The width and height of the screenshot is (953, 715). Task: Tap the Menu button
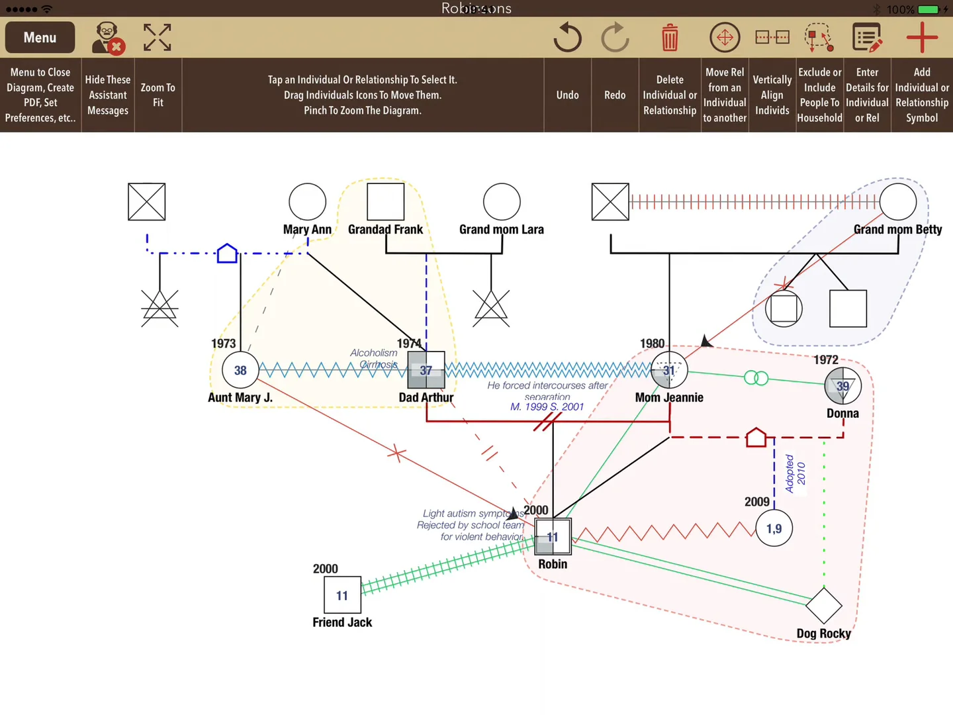tap(40, 38)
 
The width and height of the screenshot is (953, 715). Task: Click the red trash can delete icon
tap(670, 38)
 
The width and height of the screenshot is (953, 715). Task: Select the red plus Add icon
tap(921, 38)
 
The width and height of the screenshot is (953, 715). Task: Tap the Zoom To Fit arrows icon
tap(158, 38)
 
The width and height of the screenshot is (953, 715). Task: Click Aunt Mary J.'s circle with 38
tap(240, 371)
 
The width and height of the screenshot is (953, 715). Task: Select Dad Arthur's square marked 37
tap(426, 370)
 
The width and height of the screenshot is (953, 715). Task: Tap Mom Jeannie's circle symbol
tap(669, 370)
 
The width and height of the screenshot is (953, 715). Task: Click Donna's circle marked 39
tap(842, 386)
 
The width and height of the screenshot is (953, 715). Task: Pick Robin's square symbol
tap(553, 537)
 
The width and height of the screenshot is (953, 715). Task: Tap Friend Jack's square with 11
tap(342, 595)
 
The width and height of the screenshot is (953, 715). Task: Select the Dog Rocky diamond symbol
tap(824, 606)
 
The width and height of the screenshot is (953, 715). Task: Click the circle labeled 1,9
tap(774, 528)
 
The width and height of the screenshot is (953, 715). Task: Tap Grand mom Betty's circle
tap(898, 202)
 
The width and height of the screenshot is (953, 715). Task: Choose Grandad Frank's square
tap(386, 202)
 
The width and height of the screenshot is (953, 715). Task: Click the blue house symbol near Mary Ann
tap(227, 253)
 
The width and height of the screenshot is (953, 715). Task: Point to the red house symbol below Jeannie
tap(756, 438)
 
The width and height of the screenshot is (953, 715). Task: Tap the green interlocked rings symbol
tap(756, 378)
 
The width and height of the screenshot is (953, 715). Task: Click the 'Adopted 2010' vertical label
tap(795, 473)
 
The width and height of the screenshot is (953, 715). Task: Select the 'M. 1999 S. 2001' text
tap(547, 406)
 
